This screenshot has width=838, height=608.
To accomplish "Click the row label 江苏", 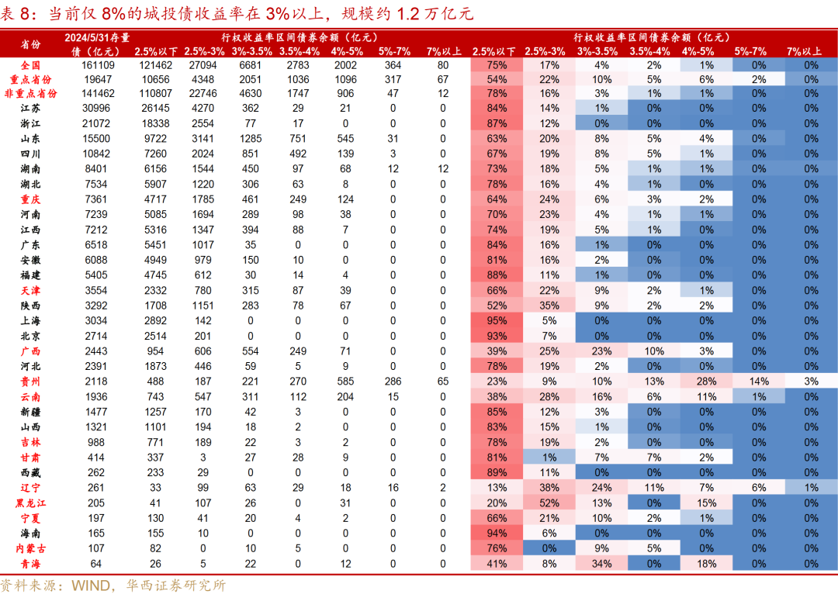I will pyautogui.click(x=30, y=108).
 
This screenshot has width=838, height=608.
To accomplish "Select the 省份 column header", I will pyautogui.click(x=30, y=44).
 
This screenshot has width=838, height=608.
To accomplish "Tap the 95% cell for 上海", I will pyautogui.click(x=497, y=320).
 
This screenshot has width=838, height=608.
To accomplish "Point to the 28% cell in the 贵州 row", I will pyautogui.click(x=705, y=381).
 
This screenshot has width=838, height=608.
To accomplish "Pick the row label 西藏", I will pyautogui.click(x=30, y=472).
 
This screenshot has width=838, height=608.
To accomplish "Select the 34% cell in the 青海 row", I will pyautogui.click(x=601, y=564).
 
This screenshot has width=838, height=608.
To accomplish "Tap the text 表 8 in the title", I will pyautogui.click(x=19, y=14).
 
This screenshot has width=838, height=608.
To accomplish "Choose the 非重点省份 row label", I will pyautogui.click(x=30, y=93).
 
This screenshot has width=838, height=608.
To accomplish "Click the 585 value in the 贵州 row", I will pyautogui.click(x=346, y=381).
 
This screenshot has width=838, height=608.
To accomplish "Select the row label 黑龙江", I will pyautogui.click(x=30, y=503).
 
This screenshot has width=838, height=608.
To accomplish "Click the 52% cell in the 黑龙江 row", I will pyautogui.click(x=549, y=503).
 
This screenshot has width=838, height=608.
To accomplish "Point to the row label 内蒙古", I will pyautogui.click(x=30, y=548).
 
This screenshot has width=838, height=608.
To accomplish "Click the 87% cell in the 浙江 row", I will pyautogui.click(x=497, y=123).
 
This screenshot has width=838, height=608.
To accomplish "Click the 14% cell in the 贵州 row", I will pyautogui.click(x=758, y=381).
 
